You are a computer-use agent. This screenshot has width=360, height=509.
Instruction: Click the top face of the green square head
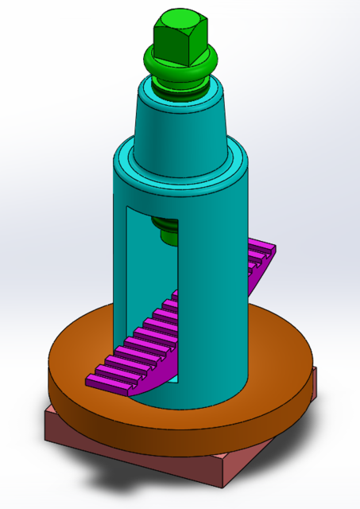click(x=181, y=24)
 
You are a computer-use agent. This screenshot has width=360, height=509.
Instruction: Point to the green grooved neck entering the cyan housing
click(x=181, y=91)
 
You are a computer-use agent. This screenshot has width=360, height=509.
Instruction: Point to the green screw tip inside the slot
click(x=167, y=231)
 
